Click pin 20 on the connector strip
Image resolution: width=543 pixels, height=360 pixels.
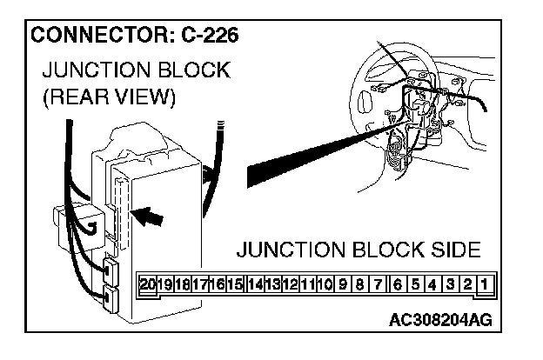tap(148, 283)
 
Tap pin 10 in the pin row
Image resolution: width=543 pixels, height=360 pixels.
tap(325, 283)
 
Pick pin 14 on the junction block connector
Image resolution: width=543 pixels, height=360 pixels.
tap(255, 283)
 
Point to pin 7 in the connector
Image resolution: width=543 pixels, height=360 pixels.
tap(378, 283)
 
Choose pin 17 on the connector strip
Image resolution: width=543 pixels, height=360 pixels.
tap(200, 283)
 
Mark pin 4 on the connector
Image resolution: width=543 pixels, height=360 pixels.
tap(432, 283)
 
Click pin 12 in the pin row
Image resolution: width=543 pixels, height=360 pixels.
tap(291, 283)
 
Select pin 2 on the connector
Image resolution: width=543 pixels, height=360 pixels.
tap(466, 283)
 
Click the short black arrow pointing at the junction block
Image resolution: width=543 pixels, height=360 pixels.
tap(149, 215)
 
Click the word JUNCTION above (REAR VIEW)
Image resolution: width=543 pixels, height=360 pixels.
tap(88, 70)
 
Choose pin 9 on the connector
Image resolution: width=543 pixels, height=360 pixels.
tap(343, 283)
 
